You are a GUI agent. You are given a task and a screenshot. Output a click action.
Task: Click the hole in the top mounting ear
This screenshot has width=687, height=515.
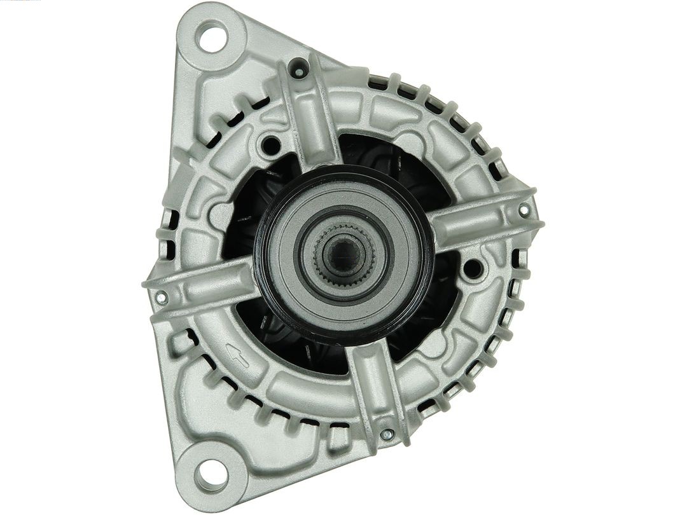(x=212, y=36)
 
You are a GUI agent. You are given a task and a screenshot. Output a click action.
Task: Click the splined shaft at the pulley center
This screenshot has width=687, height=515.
(x=343, y=254)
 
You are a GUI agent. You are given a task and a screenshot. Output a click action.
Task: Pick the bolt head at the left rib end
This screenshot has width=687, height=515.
(x=162, y=296)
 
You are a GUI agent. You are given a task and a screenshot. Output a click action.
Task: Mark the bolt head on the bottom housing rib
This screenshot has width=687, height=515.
(x=386, y=435)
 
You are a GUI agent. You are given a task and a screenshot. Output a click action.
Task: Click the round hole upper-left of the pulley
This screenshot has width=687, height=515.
(x=270, y=146)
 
